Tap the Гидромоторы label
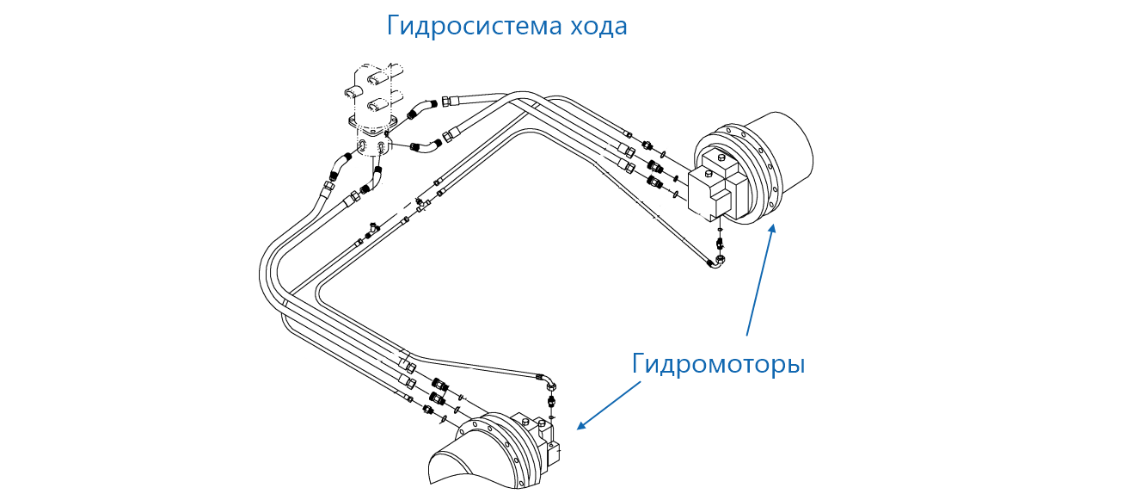tap(718, 363)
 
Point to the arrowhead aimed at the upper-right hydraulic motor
tap(772, 229)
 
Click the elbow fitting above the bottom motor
tap(547, 382)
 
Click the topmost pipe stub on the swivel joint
tap(383, 77)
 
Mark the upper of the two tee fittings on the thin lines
tap(420, 204)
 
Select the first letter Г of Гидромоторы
tap(638, 363)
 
